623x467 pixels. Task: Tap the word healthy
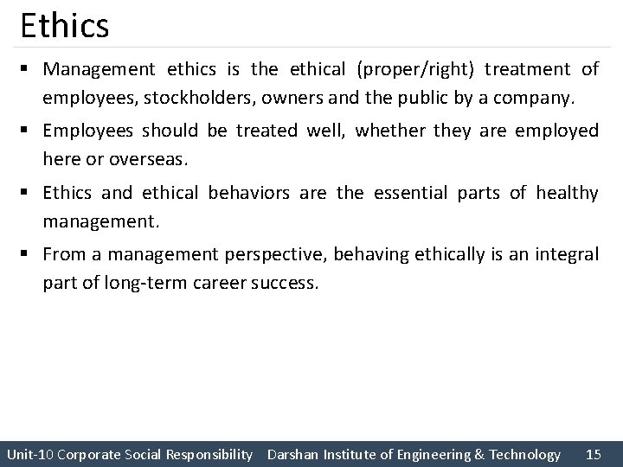coord(567,192)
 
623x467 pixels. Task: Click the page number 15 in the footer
coord(594,454)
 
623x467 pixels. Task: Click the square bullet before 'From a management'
coord(29,255)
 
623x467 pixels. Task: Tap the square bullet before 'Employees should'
coord(29,131)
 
